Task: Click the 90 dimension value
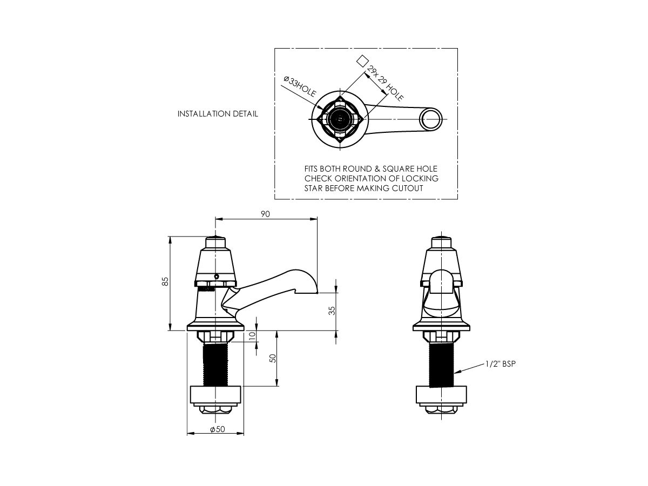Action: click(265, 214)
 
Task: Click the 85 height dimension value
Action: click(166, 281)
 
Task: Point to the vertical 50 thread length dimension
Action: click(273, 358)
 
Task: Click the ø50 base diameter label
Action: click(216, 429)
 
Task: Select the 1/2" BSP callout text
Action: click(501, 364)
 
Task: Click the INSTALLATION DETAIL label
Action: click(218, 114)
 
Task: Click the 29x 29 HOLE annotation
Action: click(385, 84)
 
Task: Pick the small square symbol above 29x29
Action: click(363, 60)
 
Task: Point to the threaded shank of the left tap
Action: click(215, 364)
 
